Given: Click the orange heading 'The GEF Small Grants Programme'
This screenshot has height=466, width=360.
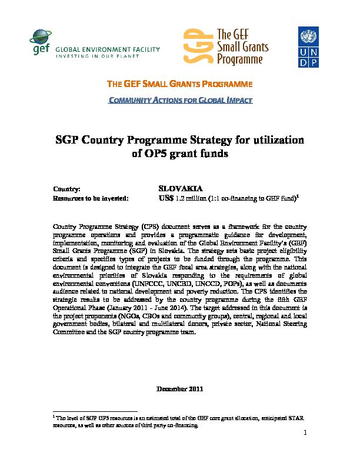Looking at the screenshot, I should click(x=179, y=84).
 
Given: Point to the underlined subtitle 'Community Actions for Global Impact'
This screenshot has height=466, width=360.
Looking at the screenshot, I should click(x=181, y=100).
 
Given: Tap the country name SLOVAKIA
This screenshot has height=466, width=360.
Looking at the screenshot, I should click(x=181, y=188).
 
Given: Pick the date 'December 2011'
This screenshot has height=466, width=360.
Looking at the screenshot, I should click(x=180, y=390).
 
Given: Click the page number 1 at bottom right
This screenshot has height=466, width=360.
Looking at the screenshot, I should click(x=306, y=434).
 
